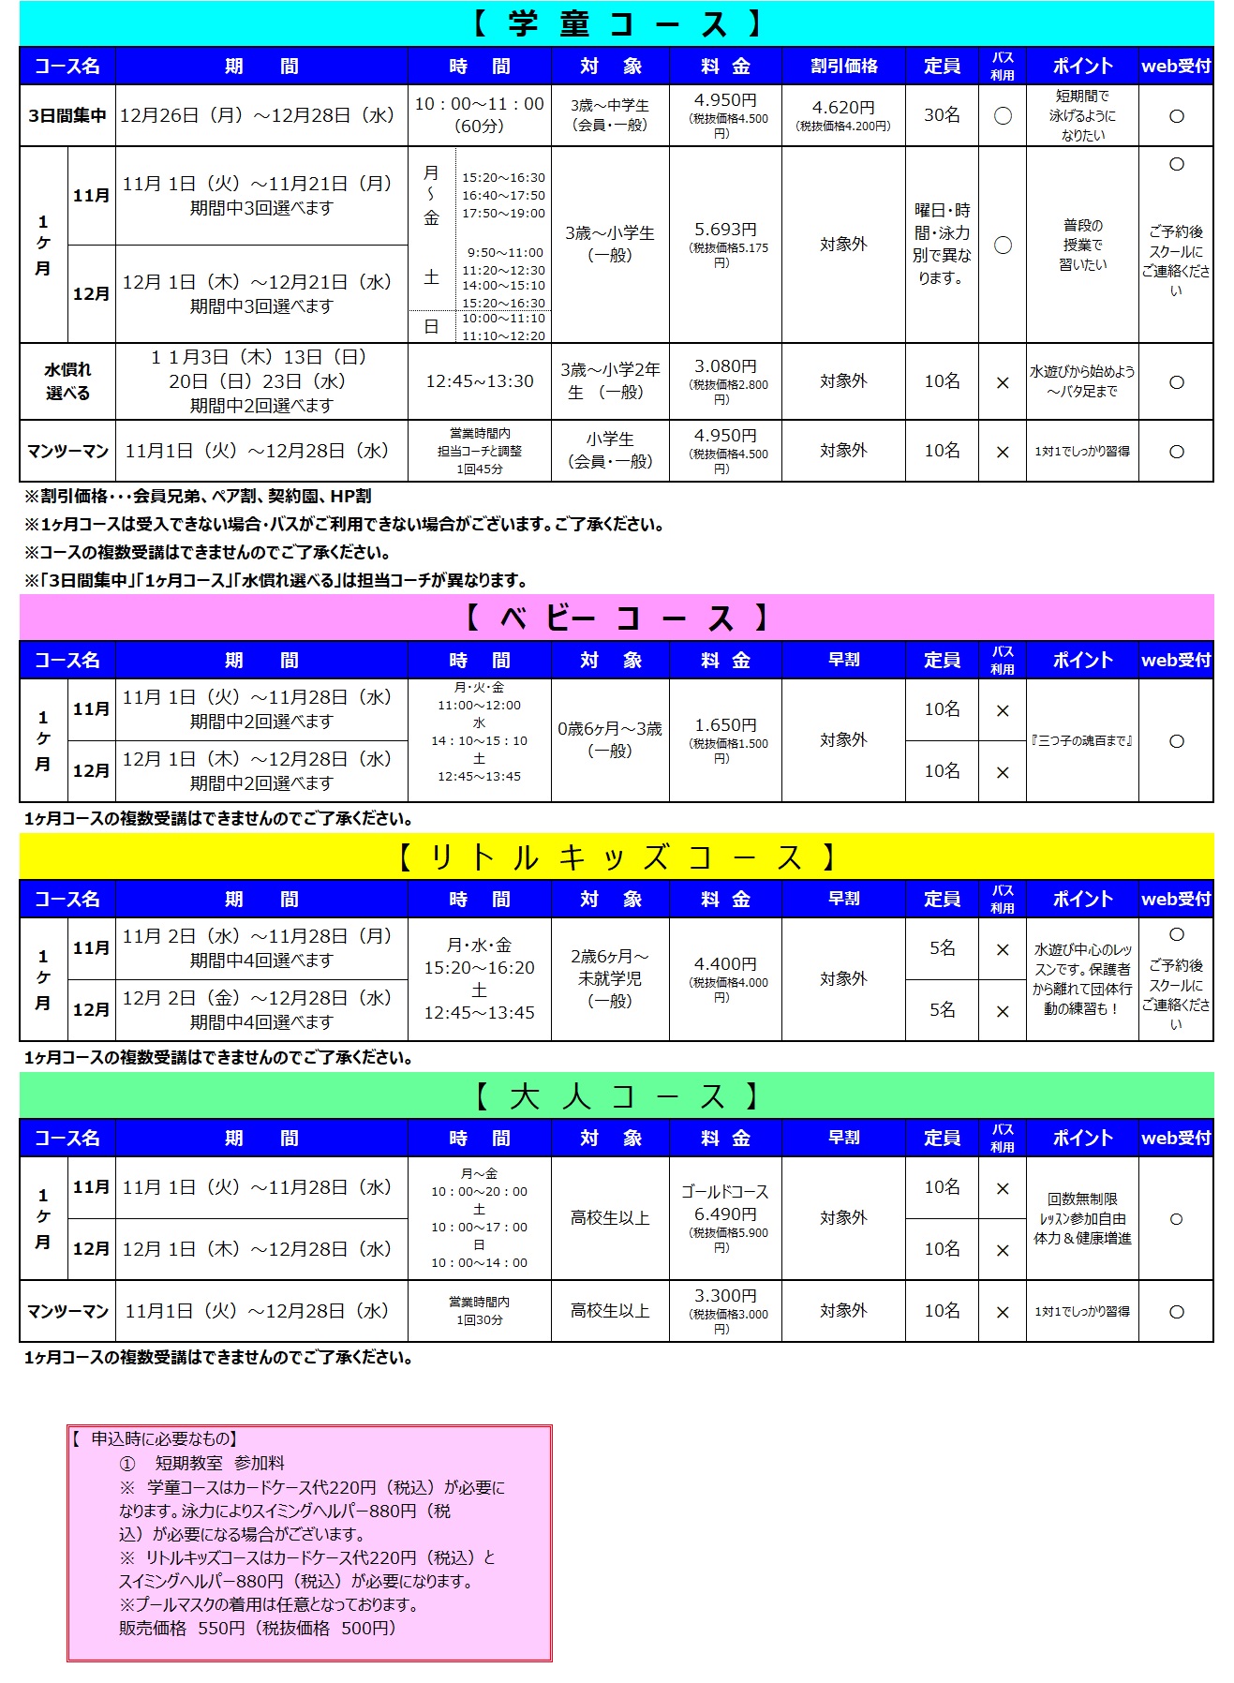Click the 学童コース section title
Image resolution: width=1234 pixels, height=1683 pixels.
tap(617, 23)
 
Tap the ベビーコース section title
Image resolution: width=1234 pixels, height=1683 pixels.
tap(617, 618)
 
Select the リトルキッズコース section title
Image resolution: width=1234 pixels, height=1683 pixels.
tap(617, 856)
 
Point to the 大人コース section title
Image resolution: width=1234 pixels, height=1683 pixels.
tap(617, 1095)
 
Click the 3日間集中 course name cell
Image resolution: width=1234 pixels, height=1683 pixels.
tap(67, 115)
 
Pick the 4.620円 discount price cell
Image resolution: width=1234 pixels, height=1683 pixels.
tap(843, 115)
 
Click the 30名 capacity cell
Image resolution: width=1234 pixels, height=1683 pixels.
tap(942, 115)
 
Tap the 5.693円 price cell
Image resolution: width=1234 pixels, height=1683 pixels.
tap(725, 244)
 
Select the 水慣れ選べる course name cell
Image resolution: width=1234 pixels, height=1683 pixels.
tap(67, 381)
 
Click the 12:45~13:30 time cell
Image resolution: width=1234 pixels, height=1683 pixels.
tap(480, 381)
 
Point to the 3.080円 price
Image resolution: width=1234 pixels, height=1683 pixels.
tap(725, 367)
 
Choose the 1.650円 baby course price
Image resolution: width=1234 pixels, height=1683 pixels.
tap(725, 726)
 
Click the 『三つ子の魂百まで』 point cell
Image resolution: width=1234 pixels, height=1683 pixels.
tap(1082, 740)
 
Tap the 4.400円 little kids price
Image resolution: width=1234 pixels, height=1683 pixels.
tap(725, 965)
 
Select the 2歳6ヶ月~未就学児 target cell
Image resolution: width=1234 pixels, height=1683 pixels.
tap(610, 978)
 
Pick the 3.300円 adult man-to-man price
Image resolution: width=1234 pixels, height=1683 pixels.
tap(725, 1297)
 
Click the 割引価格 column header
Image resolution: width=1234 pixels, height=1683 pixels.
tap(843, 66)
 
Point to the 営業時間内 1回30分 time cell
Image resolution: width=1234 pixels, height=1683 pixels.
tap(480, 1310)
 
